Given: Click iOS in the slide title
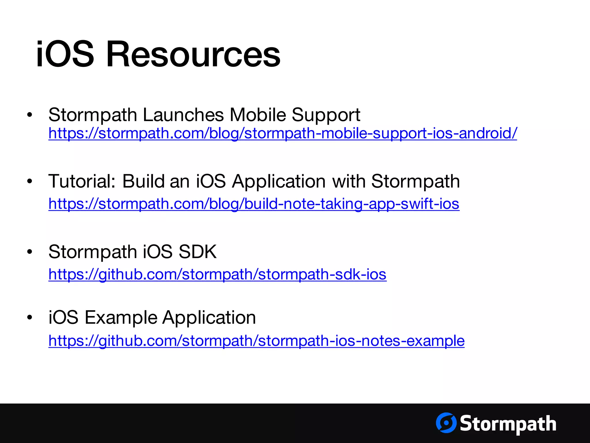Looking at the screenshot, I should [65, 54].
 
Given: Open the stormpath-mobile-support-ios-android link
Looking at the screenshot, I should [282, 134].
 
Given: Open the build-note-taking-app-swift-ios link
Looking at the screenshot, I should [254, 204].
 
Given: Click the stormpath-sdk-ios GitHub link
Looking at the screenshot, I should [217, 274].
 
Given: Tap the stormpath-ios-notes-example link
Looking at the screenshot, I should [256, 341].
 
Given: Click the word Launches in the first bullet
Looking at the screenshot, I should [183, 115].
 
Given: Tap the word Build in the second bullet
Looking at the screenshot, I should [143, 181].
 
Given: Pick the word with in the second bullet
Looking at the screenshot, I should [349, 181].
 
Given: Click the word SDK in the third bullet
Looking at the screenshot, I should [198, 252].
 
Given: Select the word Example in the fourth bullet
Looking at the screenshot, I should [121, 318].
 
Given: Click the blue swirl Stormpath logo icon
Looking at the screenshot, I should [446, 423].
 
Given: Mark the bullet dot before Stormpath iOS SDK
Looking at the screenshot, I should [30, 252].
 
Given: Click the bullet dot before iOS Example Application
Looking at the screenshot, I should [30, 318].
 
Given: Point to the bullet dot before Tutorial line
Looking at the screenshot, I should [30, 181].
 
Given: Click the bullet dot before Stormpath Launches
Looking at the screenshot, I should [30, 115].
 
